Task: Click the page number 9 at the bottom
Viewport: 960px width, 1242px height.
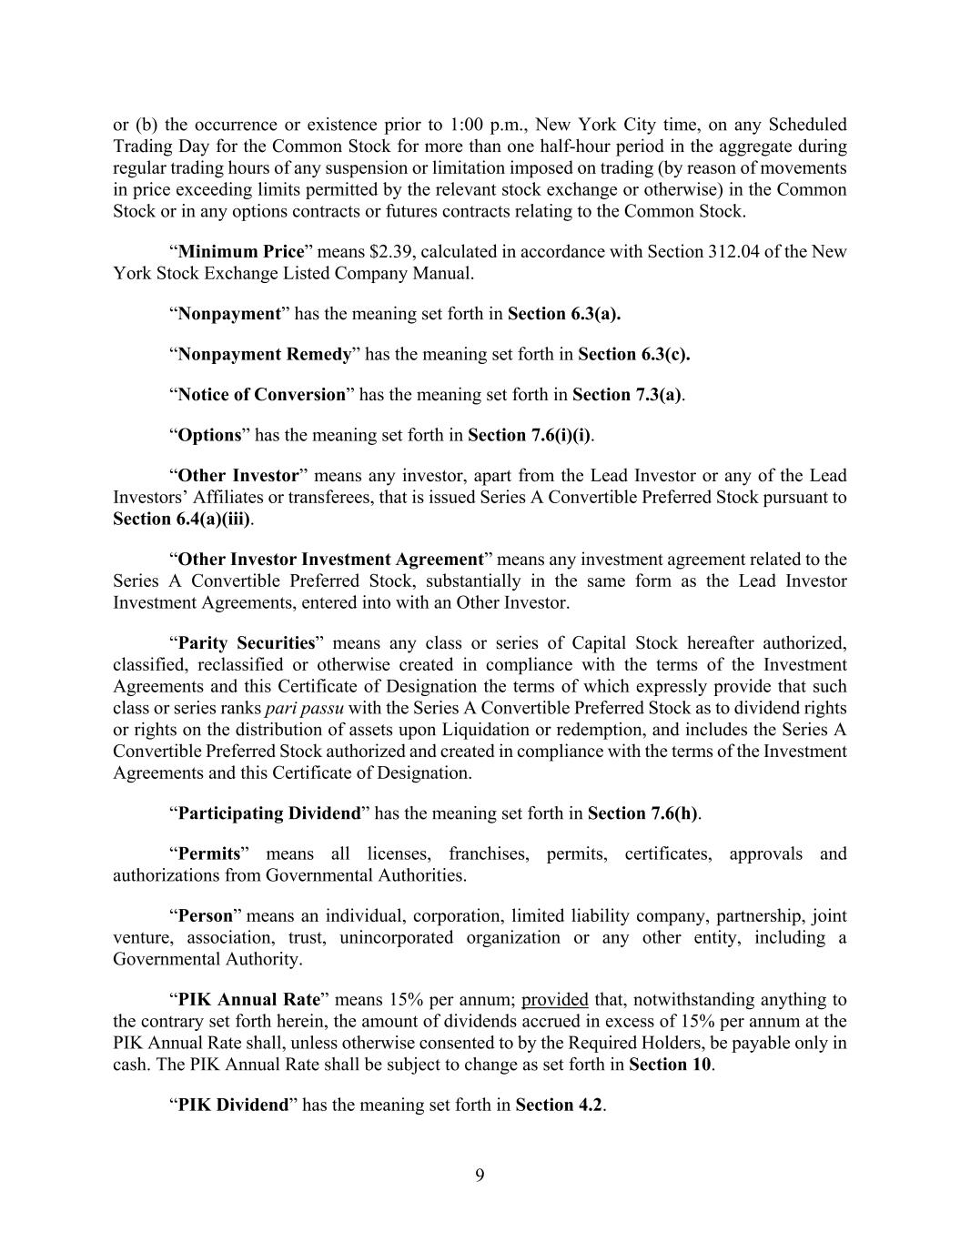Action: coord(480,1176)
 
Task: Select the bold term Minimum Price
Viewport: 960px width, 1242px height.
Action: coord(240,251)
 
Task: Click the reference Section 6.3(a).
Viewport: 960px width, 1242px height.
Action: coord(564,314)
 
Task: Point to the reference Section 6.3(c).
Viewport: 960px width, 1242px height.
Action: coord(634,354)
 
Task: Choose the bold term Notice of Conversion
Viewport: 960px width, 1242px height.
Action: coord(262,394)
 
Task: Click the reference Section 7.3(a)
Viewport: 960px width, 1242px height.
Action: coord(627,394)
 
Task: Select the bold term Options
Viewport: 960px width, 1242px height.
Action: coord(209,435)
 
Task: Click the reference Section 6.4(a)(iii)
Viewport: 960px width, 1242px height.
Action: coord(182,519)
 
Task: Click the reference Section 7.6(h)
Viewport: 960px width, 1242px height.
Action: coord(643,813)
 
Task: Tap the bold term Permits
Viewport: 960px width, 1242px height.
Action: coord(209,853)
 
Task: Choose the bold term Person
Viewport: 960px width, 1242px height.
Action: coord(206,915)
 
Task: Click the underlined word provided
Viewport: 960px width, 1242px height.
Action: coord(554,999)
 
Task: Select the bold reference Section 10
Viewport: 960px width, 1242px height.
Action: coord(670,1065)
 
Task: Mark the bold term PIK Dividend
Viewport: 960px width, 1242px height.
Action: coord(233,1106)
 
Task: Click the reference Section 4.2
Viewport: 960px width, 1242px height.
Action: coord(559,1106)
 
